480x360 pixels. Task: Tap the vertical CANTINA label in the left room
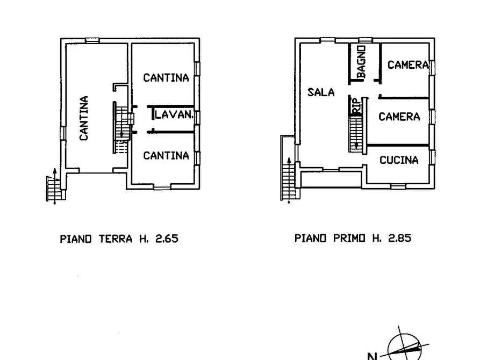click(x=84, y=118)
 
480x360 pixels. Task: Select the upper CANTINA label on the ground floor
click(x=166, y=78)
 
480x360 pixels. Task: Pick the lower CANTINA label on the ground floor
click(x=166, y=156)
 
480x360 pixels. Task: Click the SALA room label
click(x=321, y=92)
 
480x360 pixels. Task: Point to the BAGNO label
click(x=361, y=62)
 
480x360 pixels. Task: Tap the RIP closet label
click(x=356, y=106)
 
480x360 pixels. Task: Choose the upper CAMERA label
click(x=408, y=65)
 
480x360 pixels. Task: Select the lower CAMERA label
click(x=399, y=117)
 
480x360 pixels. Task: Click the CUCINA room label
click(x=399, y=160)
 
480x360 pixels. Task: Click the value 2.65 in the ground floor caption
click(x=166, y=239)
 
